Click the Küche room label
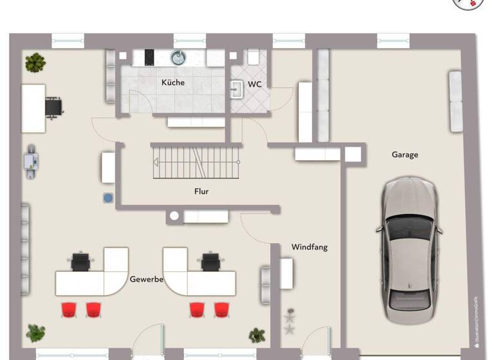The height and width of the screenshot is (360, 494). point(173,82)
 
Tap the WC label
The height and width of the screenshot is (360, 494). point(255,84)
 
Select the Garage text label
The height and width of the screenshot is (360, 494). point(405,154)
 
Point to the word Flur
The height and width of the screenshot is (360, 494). point(201,191)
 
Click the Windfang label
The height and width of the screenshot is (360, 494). point(309,247)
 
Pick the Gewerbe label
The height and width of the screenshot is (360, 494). point(147,280)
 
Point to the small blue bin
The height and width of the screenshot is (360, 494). point(108,197)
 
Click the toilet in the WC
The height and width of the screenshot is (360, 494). point(253,57)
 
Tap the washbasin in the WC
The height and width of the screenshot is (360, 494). point(237,89)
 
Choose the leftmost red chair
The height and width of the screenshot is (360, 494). point(69,309)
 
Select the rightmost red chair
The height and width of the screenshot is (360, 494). point(220,309)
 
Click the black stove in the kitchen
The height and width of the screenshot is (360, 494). point(149,57)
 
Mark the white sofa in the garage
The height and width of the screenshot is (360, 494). point(455,102)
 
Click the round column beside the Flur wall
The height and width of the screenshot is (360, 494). point(174,217)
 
